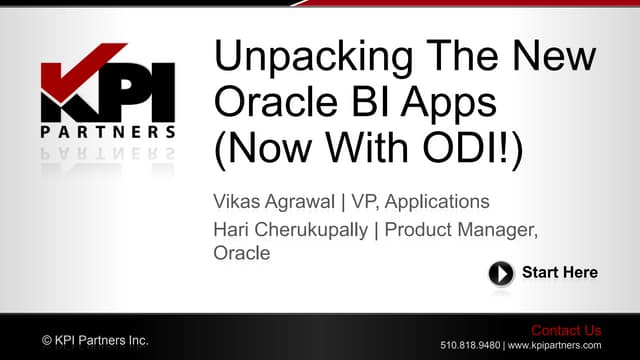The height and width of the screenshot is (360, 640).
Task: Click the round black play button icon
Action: click(x=501, y=273)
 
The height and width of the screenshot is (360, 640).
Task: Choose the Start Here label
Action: click(x=560, y=273)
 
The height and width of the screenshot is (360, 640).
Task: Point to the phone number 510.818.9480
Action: click(x=469, y=345)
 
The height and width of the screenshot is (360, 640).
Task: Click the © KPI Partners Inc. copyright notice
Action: click(x=95, y=341)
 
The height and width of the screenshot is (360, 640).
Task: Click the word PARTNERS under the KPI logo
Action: click(x=107, y=132)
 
